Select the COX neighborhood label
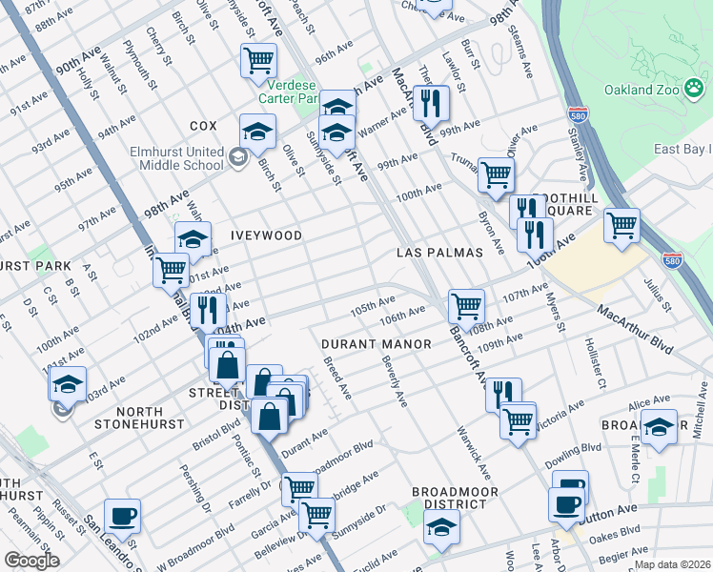tap(203, 126)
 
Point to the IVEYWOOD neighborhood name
tap(266, 235)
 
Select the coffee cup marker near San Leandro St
tap(122, 517)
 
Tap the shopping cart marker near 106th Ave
tap(466, 306)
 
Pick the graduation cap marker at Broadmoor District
tap(441, 526)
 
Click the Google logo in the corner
tap(31, 561)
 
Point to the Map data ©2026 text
tap(673, 564)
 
